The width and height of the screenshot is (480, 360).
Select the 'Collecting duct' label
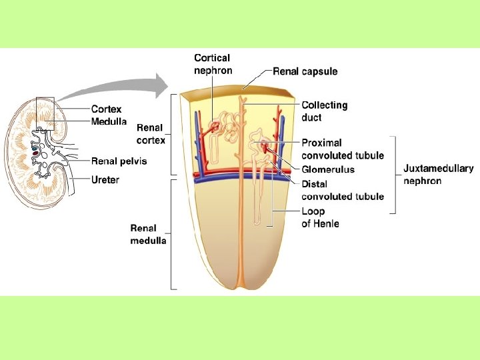pos(325,111)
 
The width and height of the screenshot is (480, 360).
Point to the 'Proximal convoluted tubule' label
pos(343,149)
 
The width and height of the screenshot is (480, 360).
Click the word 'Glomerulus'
pos(328,169)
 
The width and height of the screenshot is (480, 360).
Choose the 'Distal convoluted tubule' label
pos(343,190)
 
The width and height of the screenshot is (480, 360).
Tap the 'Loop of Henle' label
pos(320,217)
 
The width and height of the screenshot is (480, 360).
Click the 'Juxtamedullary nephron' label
pos(438,175)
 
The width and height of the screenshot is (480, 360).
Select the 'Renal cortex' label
pos(151,133)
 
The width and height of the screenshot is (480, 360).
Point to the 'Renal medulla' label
pos(148,234)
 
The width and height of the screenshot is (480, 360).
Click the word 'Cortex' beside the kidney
pos(106,109)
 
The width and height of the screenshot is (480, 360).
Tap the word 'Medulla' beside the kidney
pos(109,121)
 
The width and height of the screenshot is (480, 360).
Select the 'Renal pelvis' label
pos(119,161)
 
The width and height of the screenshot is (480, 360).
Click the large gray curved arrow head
pos(160,84)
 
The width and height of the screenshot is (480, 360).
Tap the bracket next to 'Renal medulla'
pos(173,234)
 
